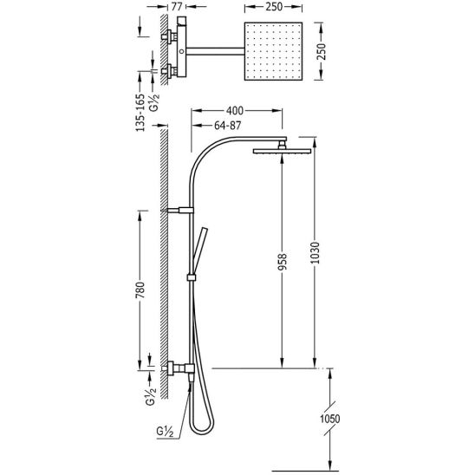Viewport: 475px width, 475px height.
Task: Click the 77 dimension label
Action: click(x=177, y=6)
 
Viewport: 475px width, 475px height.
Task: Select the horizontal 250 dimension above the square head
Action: click(x=274, y=7)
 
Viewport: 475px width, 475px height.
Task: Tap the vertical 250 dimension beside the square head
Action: click(x=322, y=51)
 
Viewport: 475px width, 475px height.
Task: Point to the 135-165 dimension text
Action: click(x=140, y=113)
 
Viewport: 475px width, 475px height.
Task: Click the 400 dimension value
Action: click(x=235, y=111)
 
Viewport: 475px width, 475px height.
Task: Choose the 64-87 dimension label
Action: click(x=227, y=126)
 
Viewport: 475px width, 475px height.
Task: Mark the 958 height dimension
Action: click(x=282, y=262)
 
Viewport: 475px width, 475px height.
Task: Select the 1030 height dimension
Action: click(x=316, y=252)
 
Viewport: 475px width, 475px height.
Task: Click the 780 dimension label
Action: click(x=140, y=290)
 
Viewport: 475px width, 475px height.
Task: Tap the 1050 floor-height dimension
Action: click(x=330, y=419)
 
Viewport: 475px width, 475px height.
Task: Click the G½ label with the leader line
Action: click(x=165, y=432)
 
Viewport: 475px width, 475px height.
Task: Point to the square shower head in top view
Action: click(x=273, y=51)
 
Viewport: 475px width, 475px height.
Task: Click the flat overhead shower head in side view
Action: click(x=282, y=151)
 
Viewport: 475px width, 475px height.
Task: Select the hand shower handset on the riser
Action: click(x=200, y=251)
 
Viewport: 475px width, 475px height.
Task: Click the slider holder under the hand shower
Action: click(x=192, y=277)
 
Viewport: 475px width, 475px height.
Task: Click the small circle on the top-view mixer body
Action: click(x=181, y=51)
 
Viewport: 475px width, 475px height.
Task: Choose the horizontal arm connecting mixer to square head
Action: click(x=215, y=51)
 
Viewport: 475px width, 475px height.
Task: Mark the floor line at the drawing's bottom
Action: click(x=304, y=471)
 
